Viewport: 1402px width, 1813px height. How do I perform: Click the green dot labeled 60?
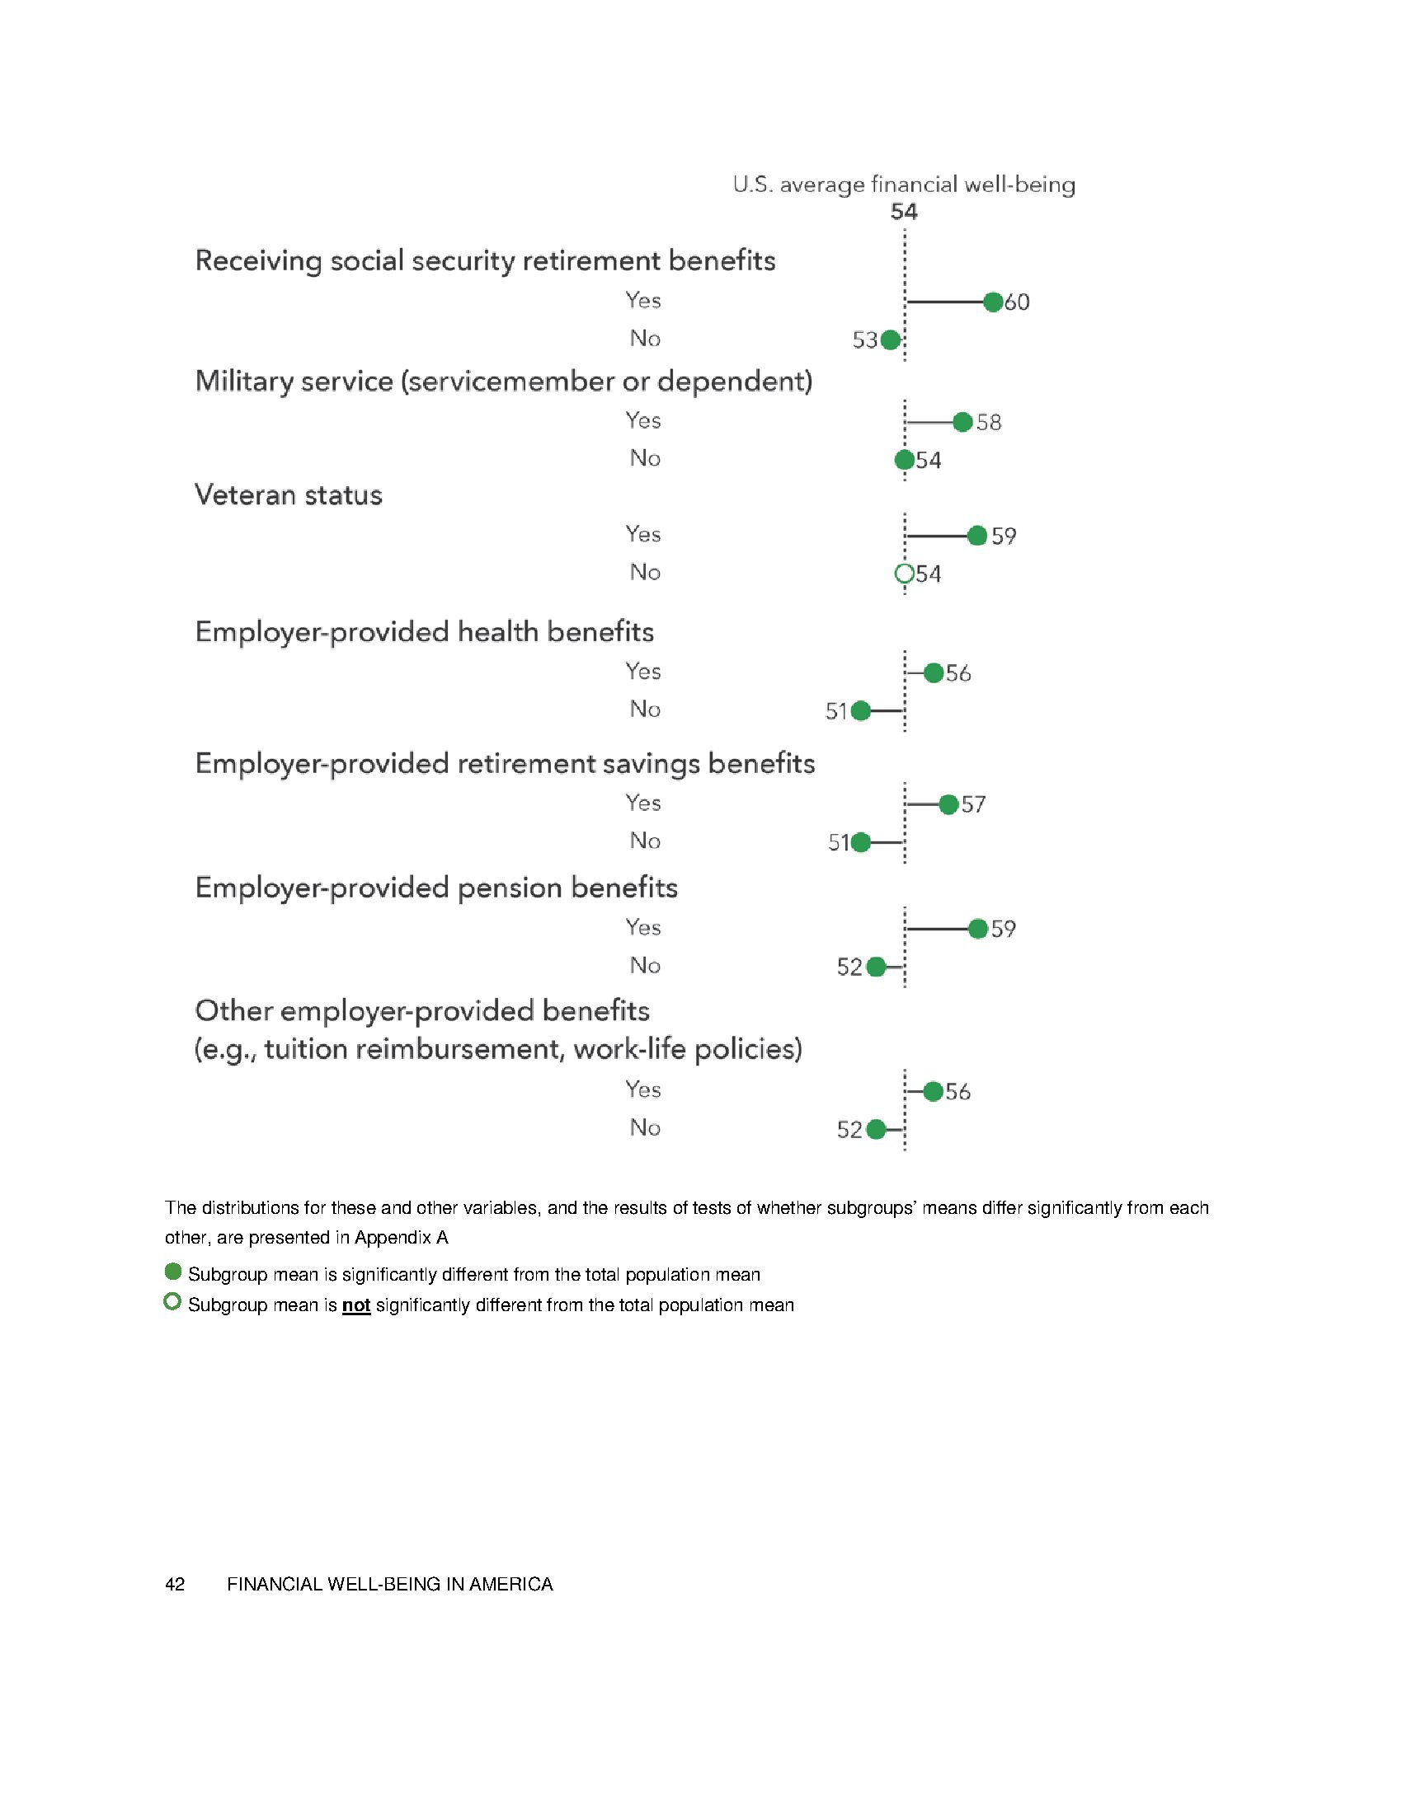coord(992,302)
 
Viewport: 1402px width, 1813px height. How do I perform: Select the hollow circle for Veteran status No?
coord(905,574)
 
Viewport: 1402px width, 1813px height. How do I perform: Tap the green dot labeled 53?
coord(891,340)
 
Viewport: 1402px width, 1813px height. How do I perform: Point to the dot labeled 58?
coord(962,423)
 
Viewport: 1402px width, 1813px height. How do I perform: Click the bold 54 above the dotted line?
coord(904,213)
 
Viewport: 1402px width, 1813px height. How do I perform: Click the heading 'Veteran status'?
coord(288,495)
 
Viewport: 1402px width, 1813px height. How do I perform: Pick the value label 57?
coord(973,804)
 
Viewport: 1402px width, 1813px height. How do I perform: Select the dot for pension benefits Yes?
coord(977,929)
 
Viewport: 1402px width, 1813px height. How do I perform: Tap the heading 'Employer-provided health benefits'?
coord(425,633)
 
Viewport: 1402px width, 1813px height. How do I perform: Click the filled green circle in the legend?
coord(172,1272)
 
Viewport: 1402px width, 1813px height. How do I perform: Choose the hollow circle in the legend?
coord(172,1302)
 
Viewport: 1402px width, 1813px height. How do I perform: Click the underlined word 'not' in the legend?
coord(356,1305)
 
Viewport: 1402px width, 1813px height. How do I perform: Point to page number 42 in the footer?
coord(174,1585)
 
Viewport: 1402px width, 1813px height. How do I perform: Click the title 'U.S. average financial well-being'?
coord(904,185)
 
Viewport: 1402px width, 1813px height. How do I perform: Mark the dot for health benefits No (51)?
coord(861,710)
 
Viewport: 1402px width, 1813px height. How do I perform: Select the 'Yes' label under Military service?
coord(643,421)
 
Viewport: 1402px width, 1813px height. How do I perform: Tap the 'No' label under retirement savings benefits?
coord(645,841)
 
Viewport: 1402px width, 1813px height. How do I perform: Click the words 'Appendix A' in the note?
coord(401,1238)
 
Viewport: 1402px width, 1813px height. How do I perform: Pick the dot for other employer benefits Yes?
coord(933,1092)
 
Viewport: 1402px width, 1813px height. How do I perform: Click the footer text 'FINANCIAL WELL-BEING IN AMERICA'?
coord(389,1585)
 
